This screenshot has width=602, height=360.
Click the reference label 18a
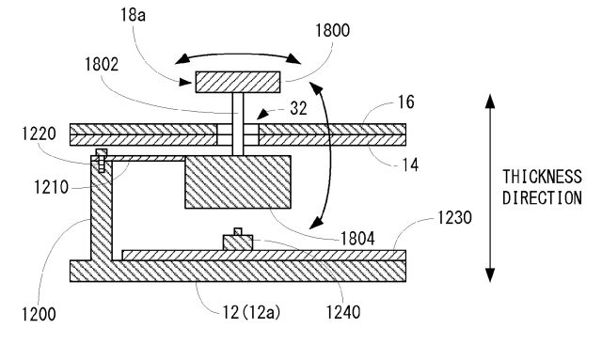tap(133, 15)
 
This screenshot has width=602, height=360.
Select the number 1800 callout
tap(332, 30)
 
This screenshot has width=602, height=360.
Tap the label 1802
tap(102, 65)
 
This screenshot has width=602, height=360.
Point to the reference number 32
tap(299, 108)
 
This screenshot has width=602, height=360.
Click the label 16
tap(406, 102)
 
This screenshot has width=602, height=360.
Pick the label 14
tap(410, 165)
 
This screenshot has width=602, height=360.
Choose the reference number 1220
tap(39, 134)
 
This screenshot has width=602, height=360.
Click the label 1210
tap(51, 187)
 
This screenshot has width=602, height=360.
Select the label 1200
tap(39, 314)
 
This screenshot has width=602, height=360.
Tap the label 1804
tap(357, 239)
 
